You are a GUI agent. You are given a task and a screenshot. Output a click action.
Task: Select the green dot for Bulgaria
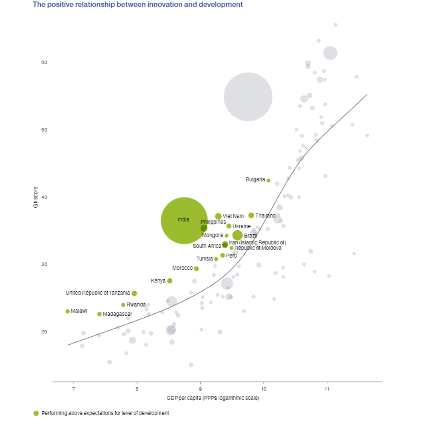click(x=268, y=181)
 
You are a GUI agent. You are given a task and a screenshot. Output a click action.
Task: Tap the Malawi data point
click(x=67, y=311)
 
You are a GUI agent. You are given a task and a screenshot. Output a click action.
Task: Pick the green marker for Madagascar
click(x=99, y=314)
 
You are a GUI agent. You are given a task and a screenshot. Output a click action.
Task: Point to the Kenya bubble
click(x=170, y=281)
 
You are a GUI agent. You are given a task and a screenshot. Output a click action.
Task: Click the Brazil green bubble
click(x=237, y=235)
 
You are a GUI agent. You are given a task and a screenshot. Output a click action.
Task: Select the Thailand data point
click(x=251, y=215)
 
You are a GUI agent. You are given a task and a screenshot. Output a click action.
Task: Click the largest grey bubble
click(x=248, y=97)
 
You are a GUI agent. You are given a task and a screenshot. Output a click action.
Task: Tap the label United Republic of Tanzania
click(x=98, y=293)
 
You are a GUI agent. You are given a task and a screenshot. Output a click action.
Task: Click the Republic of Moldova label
click(x=258, y=248)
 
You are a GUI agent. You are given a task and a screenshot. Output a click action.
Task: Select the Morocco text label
click(x=183, y=268)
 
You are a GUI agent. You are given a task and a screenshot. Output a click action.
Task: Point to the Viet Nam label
click(x=233, y=216)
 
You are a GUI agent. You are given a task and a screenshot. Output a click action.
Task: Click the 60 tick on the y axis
click(x=44, y=63)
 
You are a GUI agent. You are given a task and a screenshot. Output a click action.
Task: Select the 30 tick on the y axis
click(x=44, y=264)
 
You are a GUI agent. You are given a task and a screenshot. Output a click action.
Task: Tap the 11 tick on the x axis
click(x=327, y=389)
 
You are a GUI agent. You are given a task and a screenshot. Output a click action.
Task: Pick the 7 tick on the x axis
click(x=74, y=389)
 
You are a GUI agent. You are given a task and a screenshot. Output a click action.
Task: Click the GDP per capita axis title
click(x=213, y=398)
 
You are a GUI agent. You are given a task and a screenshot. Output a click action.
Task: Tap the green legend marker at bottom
click(x=36, y=413)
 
